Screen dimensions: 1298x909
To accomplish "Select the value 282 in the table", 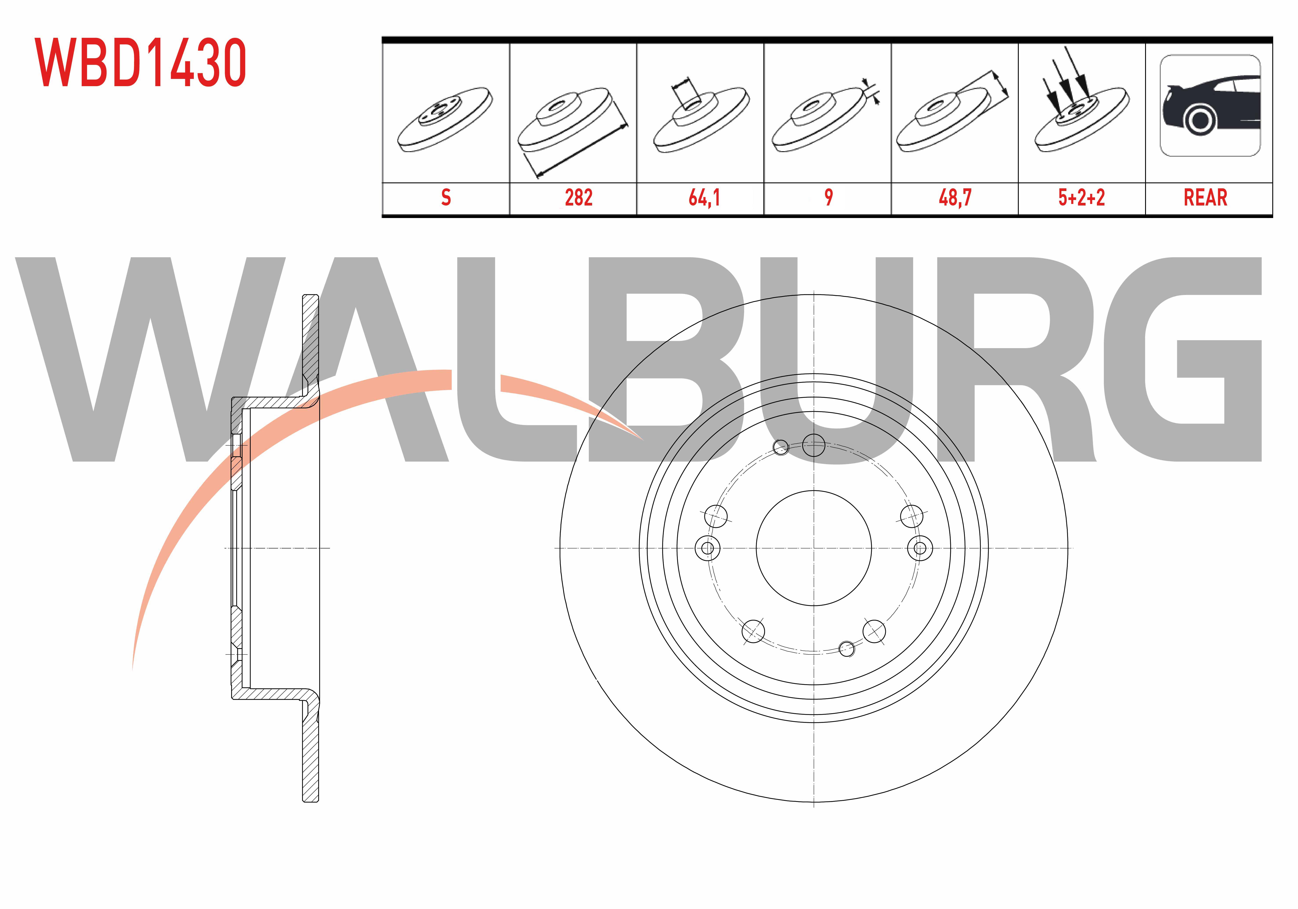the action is tap(578, 197).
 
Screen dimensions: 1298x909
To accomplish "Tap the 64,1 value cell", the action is tap(704, 197).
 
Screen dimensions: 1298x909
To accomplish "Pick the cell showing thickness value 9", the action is tap(828, 197).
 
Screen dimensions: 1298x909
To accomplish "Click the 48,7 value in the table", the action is tap(955, 197).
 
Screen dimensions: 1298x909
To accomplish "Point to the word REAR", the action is tap(1205, 197).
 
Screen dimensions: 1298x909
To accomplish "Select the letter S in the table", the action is tap(446, 197).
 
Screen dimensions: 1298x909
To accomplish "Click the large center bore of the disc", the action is tap(814, 547).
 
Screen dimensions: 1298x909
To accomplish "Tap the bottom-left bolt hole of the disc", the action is tap(752, 631).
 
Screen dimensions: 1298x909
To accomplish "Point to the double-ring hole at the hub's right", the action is tap(920, 547).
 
